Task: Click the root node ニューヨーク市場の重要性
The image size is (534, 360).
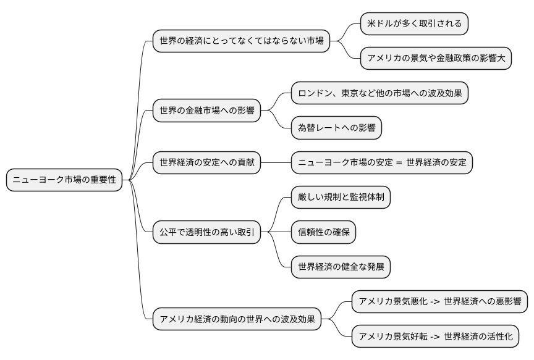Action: click(x=65, y=180)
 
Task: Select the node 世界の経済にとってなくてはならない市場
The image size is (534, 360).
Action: click(x=241, y=41)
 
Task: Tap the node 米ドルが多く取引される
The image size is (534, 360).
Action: click(x=414, y=24)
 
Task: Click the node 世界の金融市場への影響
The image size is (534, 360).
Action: click(x=206, y=111)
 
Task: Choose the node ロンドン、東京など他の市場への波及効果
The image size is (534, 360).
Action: click(x=379, y=93)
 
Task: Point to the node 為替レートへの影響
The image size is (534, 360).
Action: click(x=337, y=128)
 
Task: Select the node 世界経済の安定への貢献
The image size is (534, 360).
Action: click(x=206, y=162)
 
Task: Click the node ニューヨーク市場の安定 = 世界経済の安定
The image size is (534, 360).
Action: click(x=382, y=162)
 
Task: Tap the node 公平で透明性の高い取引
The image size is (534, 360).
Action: click(x=206, y=232)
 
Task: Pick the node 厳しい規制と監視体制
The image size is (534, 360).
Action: click(x=341, y=197)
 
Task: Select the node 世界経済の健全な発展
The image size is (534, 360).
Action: click(x=341, y=267)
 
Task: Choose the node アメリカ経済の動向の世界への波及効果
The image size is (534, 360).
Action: click(x=237, y=319)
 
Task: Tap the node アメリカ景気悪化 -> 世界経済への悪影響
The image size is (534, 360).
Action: click(x=439, y=302)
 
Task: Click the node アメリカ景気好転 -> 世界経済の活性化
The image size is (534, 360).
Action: click(x=435, y=337)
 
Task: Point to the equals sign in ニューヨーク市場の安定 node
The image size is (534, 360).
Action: click(x=399, y=163)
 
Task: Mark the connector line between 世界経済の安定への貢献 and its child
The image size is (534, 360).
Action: click(x=276, y=162)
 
